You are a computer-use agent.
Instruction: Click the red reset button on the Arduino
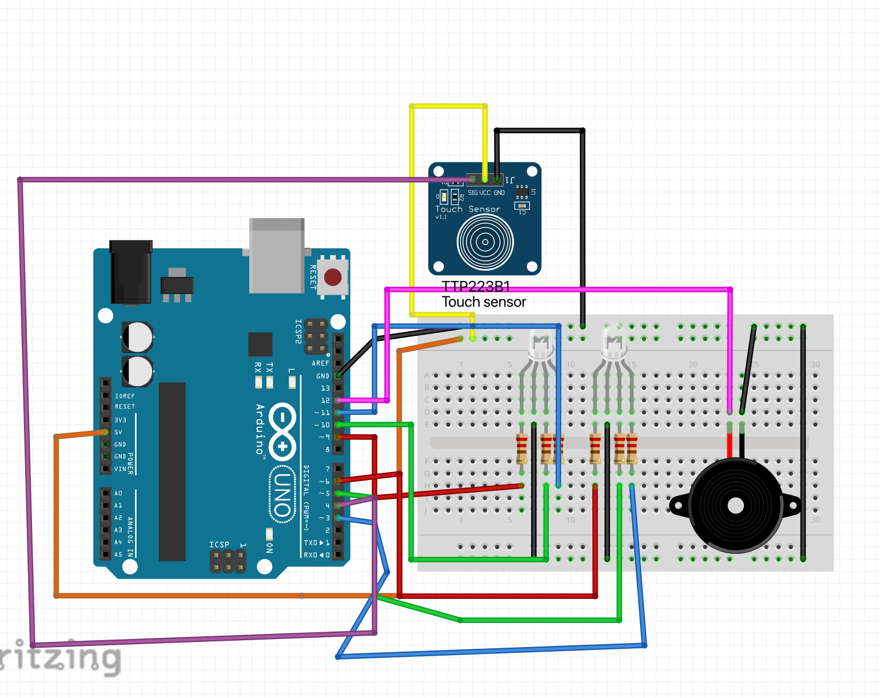pyautogui.click(x=333, y=277)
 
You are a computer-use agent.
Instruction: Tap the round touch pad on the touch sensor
pyautogui.click(x=485, y=242)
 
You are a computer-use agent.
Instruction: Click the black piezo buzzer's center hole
pyautogui.click(x=735, y=506)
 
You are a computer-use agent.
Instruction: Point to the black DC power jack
pyautogui.click(x=131, y=272)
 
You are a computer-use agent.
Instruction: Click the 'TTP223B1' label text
pyautogui.click(x=476, y=286)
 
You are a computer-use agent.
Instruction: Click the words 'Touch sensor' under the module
pyautogui.click(x=484, y=302)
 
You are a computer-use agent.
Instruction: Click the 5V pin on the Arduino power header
pyautogui.click(x=106, y=432)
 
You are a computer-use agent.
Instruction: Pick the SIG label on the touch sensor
pyautogui.click(x=473, y=193)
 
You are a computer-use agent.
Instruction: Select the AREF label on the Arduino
pyautogui.click(x=320, y=363)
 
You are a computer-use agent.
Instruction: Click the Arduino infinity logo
pyautogui.click(x=282, y=431)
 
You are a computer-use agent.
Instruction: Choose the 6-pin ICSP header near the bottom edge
pyautogui.click(x=228, y=561)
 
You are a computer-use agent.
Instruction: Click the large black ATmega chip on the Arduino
pyautogui.click(x=172, y=471)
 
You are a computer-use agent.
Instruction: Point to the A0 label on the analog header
pyautogui.click(x=118, y=493)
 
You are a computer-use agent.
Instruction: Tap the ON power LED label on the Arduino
pyautogui.click(x=269, y=548)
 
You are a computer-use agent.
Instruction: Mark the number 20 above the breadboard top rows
pyautogui.click(x=693, y=364)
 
